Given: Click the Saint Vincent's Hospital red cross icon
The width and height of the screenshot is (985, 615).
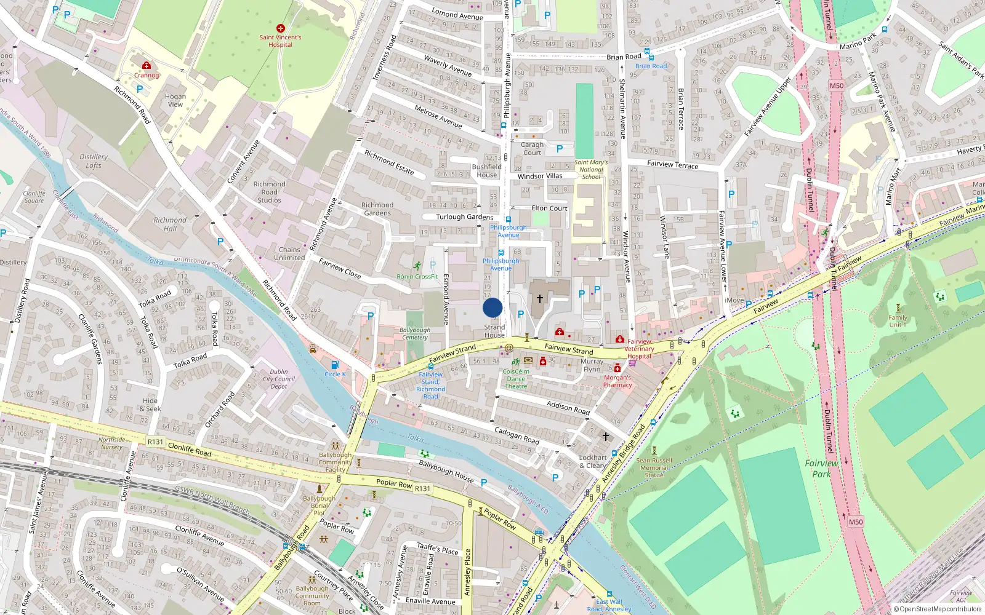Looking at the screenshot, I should (x=281, y=28).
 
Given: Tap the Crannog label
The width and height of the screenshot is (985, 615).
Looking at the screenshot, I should (x=147, y=75).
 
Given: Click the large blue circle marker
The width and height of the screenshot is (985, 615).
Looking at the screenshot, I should (x=492, y=307).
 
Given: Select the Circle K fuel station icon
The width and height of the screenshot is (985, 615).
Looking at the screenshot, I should (x=335, y=365).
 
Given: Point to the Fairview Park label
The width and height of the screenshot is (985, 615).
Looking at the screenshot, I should (x=821, y=469).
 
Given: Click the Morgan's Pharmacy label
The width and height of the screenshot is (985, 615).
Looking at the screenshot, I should (x=617, y=381).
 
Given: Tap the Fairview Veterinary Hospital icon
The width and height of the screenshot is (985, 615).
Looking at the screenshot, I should (x=620, y=339).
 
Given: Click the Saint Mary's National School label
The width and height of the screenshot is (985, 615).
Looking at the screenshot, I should (x=591, y=170).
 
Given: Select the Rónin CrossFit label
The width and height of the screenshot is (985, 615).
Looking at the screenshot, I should (x=417, y=277).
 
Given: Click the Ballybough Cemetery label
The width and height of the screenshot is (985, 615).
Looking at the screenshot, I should (x=415, y=333).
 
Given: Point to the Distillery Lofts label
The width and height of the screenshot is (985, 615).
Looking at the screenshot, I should (x=94, y=161).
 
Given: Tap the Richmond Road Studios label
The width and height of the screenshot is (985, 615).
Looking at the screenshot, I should (x=270, y=192).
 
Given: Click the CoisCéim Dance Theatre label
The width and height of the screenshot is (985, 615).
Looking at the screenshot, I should (x=516, y=379).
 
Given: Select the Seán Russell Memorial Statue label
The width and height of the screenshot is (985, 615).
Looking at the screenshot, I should (x=654, y=467).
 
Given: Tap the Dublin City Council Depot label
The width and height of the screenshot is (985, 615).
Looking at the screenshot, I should (x=279, y=379).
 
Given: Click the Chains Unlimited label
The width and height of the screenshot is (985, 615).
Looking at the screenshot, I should (x=289, y=253).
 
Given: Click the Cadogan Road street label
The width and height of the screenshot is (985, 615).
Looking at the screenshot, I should (x=517, y=435).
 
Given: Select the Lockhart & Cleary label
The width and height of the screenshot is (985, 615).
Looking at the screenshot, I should (x=593, y=461).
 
